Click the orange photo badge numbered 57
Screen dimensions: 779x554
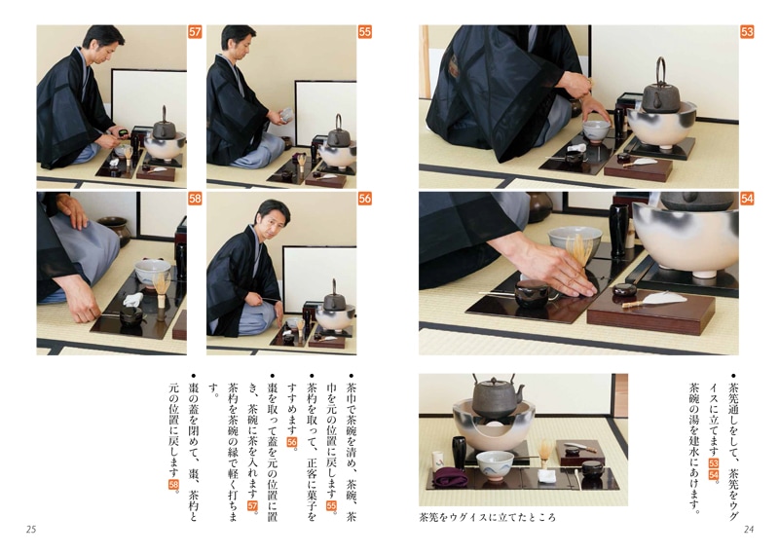click(x=194, y=32)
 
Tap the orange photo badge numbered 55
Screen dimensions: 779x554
click(x=364, y=32)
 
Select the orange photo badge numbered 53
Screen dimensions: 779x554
click(x=747, y=32)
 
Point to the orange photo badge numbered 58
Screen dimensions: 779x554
click(x=194, y=199)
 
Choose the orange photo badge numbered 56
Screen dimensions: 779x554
click(x=364, y=199)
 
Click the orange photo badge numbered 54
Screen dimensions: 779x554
click(x=747, y=199)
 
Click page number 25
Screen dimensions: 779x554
click(x=31, y=529)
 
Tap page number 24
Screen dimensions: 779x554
click(x=749, y=529)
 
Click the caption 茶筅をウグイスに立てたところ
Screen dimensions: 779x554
click(x=488, y=517)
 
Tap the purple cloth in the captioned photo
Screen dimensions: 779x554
click(x=451, y=477)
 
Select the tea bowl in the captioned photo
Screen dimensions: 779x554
click(x=495, y=465)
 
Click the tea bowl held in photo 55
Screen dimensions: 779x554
click(x=286, y=115)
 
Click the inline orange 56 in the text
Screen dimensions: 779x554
click(x=291, y=442)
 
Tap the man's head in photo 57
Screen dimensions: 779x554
click(x=103, y=43)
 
